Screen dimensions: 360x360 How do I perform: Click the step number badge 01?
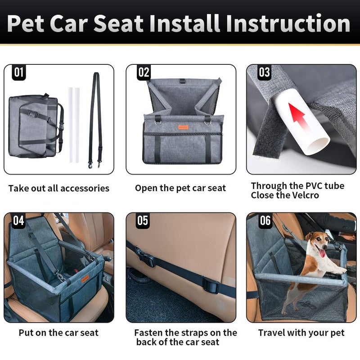18,72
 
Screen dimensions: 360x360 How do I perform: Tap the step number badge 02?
144,72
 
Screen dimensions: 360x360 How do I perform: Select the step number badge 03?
265,72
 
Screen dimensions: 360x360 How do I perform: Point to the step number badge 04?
18,220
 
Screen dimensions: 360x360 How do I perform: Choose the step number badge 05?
143,220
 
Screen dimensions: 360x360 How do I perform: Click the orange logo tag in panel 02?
184,128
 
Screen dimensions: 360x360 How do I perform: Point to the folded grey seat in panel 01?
34,126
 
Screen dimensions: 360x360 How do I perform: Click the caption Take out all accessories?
58,188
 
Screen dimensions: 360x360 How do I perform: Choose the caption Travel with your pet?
301,333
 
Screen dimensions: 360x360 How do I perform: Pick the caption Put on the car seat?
58,333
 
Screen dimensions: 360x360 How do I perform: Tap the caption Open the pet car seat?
180,188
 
